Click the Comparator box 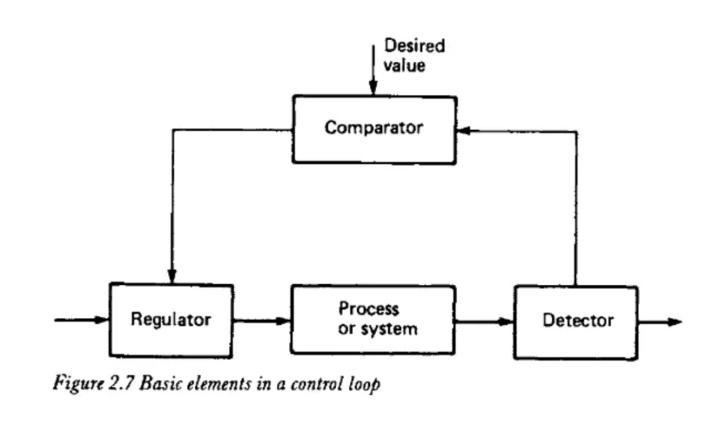click(x=374, y=129)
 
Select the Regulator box click(x=172, y=320)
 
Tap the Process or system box click(x=373, y=319)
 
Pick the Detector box click(x=576, y=321)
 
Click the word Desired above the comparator click(x=414, y=46)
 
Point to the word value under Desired click(x=404, y=65)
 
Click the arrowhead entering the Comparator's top click(x=373, y=87)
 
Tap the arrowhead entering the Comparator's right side click(x=464, y=131)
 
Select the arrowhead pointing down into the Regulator click(x=172, y=276)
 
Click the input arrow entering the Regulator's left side click(x=82, y=319)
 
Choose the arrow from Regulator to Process click(x=262, y=320)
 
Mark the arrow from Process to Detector click(x=485, y=321)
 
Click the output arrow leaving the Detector click(x=660, y=322)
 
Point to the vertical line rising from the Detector click(x=576, y=209)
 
